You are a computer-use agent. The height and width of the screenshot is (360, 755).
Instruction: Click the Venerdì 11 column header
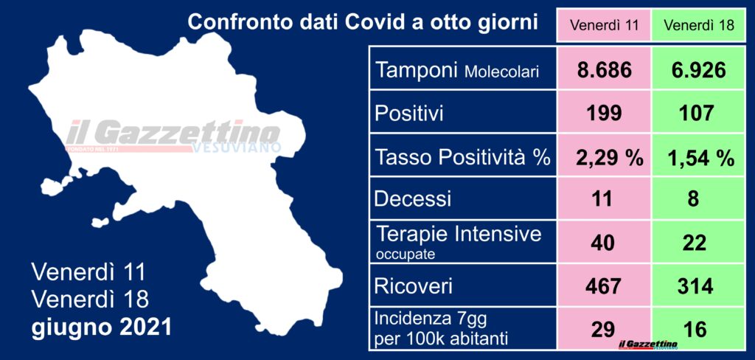603,26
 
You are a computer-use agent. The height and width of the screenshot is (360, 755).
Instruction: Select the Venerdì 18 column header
699,26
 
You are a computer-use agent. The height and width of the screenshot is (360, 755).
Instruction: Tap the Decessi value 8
693,198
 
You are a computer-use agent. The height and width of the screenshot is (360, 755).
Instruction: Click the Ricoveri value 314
693,287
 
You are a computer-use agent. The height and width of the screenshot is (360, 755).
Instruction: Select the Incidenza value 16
693,330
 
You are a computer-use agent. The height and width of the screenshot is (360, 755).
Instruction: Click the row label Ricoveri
414,287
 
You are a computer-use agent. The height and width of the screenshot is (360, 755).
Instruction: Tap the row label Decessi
413,198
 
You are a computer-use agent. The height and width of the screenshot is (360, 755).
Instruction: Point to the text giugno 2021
102,328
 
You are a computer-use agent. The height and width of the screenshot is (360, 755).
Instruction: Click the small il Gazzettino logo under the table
649,344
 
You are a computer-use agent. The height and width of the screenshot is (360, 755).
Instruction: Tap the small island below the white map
100,222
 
